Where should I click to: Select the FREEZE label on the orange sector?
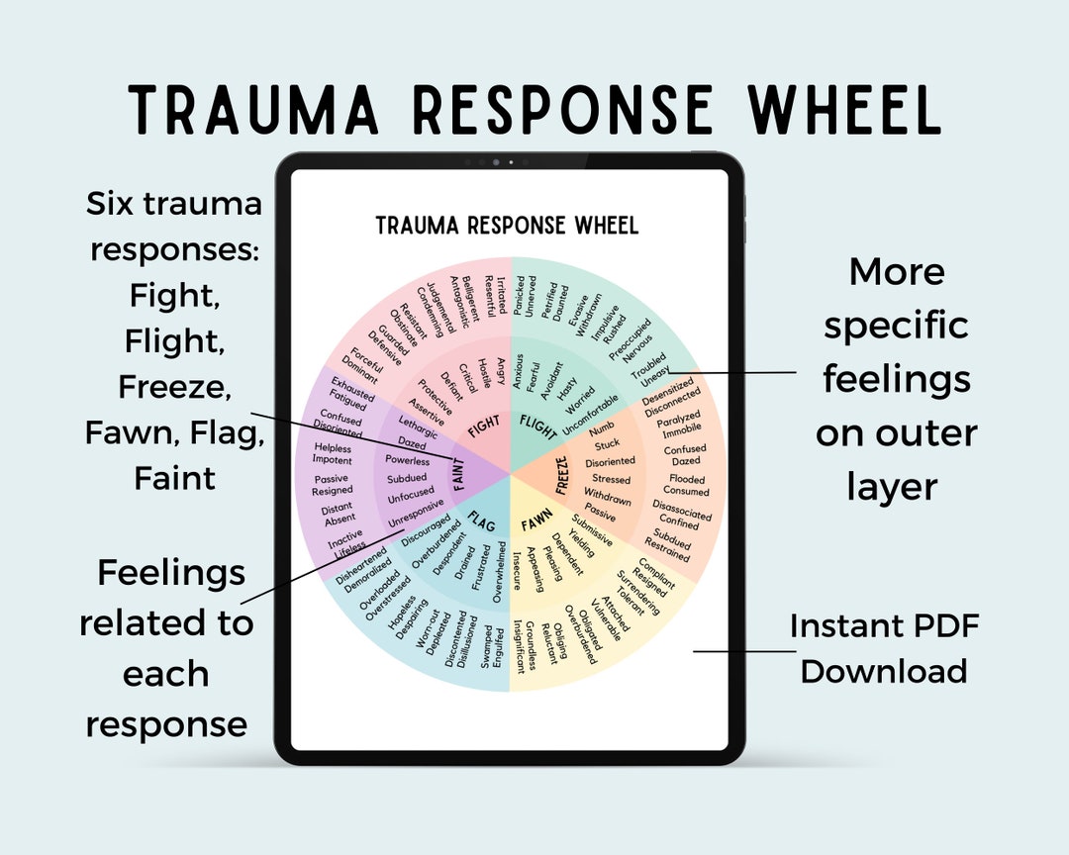click(x=562, y=476)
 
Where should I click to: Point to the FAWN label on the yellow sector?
click(x=537, y=521)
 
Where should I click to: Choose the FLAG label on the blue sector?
click(x=482, y=521)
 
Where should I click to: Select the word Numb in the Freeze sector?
click(x=601, y=429)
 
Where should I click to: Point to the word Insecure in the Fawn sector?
click(x=516, y=571)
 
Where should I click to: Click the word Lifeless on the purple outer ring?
click(x=349, y=546)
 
